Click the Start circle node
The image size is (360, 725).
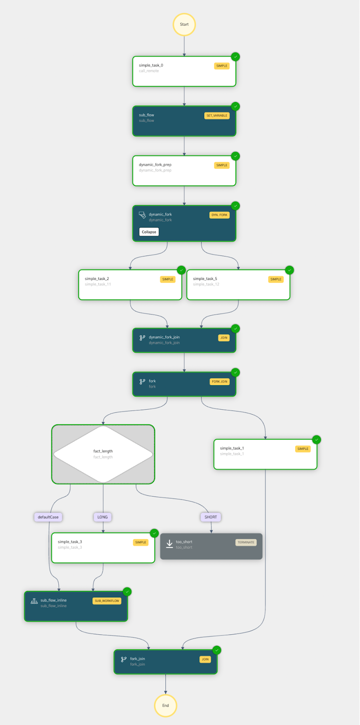click(184, 24)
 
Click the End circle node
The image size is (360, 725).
click(166, 706)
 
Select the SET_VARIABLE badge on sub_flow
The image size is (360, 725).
click(217, 116)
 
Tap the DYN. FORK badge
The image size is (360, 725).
click(220, 215)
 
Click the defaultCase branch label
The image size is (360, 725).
click(48, 517)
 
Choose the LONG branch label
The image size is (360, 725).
click(103, 517)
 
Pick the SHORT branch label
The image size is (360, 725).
click(211, 517)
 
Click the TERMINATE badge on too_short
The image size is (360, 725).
click(246, 542)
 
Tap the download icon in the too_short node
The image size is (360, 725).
click(169, 544)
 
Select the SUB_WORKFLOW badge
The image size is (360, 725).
click(107, 601)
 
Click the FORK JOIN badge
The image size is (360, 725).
click(220, 382)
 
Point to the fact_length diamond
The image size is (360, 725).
click(103, 454)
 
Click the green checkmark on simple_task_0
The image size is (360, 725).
click(235, 57)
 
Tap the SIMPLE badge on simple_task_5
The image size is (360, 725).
click(276, 279)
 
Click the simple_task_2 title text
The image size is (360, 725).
click(97, 279)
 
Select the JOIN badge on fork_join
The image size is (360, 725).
click(205, 659)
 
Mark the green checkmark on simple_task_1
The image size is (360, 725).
click(317, 440)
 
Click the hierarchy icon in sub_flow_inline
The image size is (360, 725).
click(34, 601)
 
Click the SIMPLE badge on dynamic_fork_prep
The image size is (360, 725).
click(222, 165)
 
